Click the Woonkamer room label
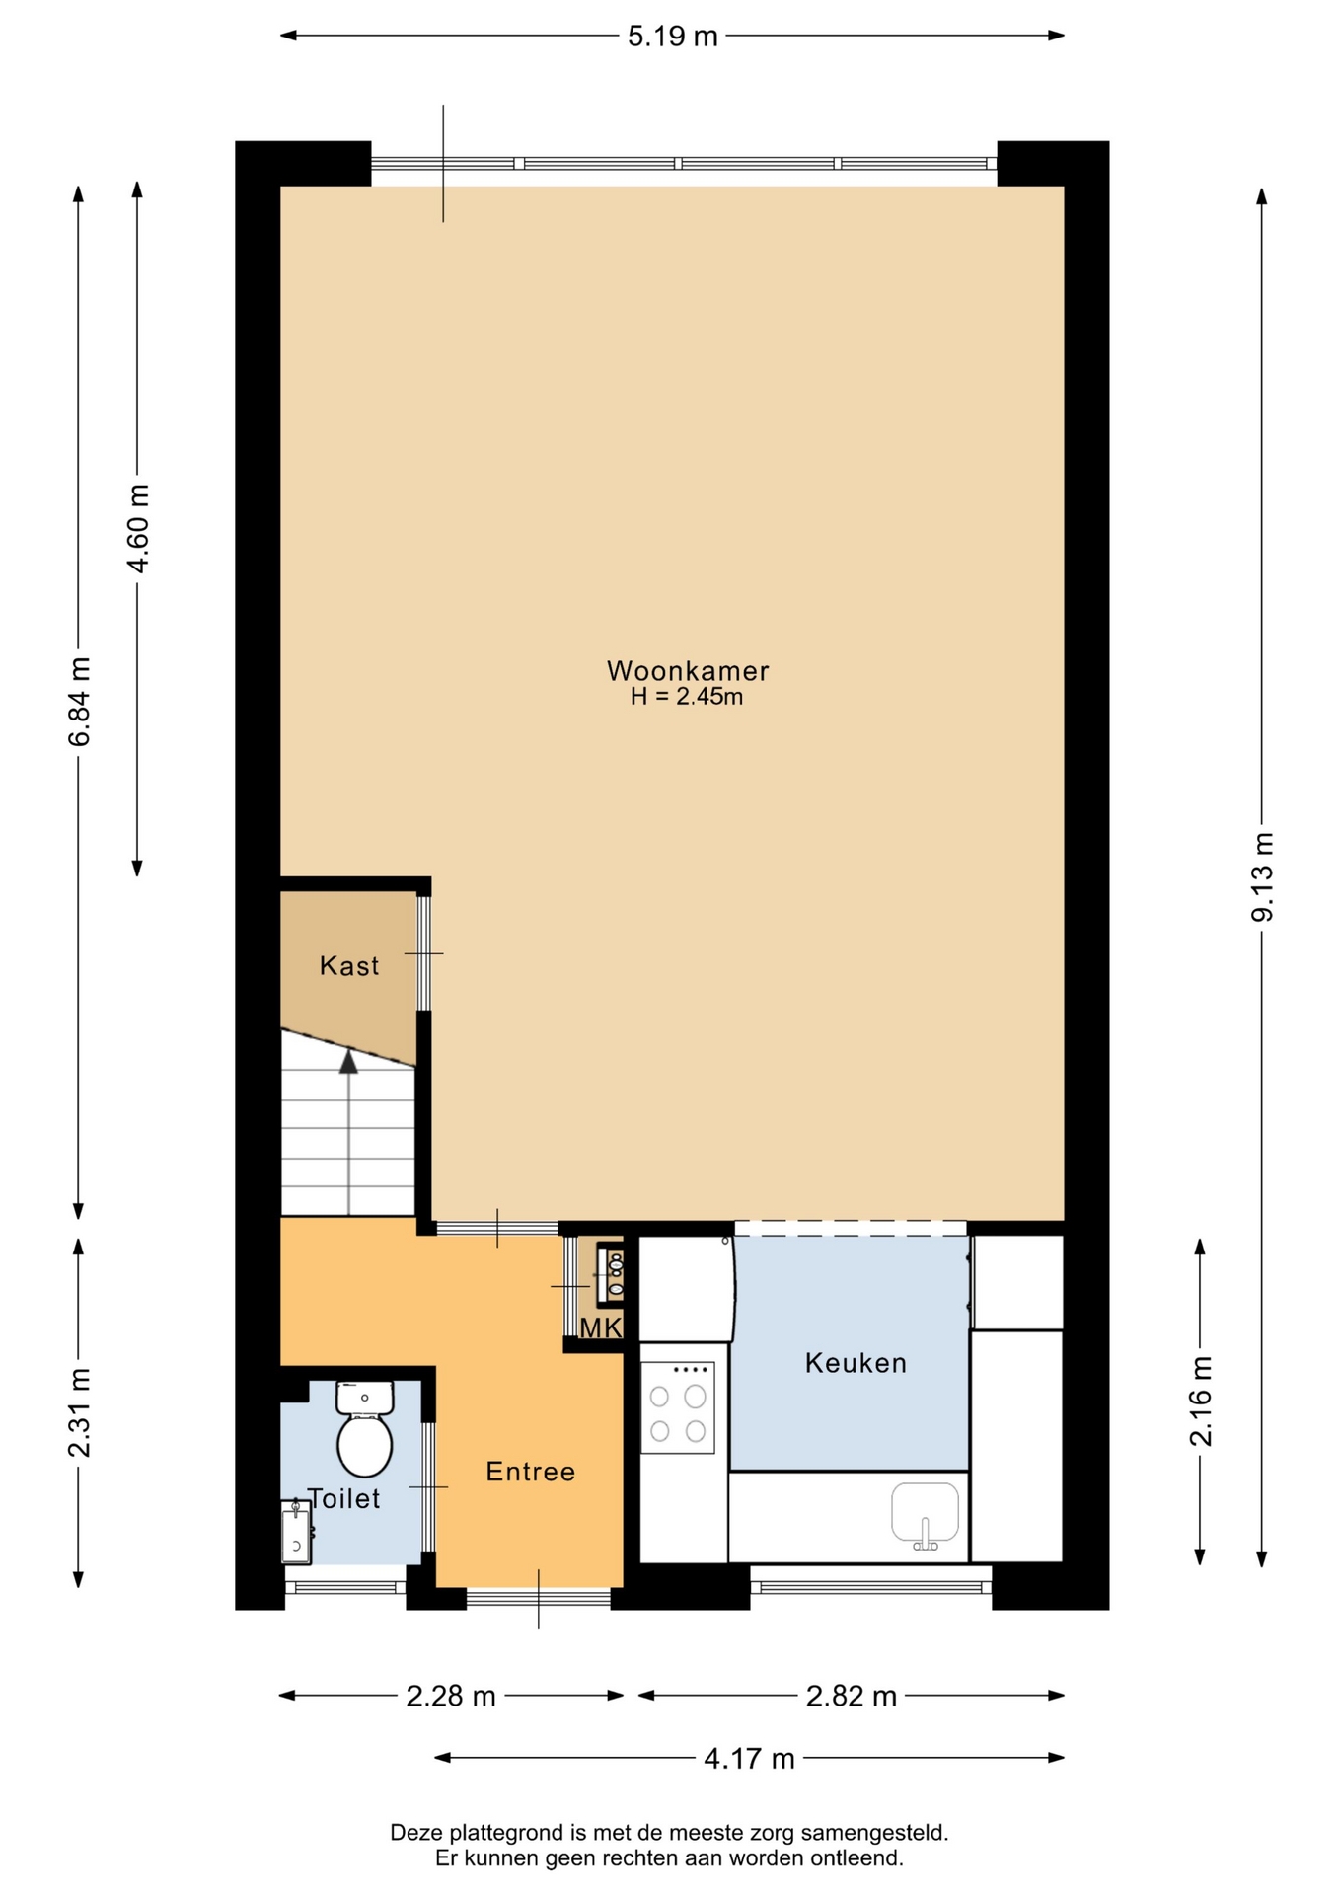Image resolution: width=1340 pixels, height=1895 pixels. coord(688,671)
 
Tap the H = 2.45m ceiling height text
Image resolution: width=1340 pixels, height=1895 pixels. coord(687,697)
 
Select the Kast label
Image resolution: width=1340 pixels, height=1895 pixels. coord(349,965)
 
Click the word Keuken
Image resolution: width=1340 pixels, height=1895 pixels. coord(856,1363)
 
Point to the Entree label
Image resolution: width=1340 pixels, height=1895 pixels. coord(531,1472)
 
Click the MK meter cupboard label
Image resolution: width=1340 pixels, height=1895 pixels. coord(601,1328)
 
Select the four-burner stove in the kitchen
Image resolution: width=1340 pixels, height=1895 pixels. coord(678,1407)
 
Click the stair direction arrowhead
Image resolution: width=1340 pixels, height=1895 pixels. coord(348,1061)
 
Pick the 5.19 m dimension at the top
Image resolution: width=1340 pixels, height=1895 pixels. coord(673,37)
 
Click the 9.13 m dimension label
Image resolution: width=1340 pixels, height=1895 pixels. coord(1262,877)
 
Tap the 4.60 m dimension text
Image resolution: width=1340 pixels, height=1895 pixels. coord(137,529)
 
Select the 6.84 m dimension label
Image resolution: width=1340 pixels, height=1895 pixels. coord(79,702)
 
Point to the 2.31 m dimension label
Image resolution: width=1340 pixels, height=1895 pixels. coord(79,1413)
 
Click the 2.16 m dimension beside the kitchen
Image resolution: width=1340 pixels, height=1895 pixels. coord(1200,1402)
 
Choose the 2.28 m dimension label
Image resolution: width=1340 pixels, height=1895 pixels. coord(451,1697)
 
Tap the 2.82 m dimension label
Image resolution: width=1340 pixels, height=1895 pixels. coord(852,1697)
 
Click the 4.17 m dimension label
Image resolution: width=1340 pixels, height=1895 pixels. coord(749,1759)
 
